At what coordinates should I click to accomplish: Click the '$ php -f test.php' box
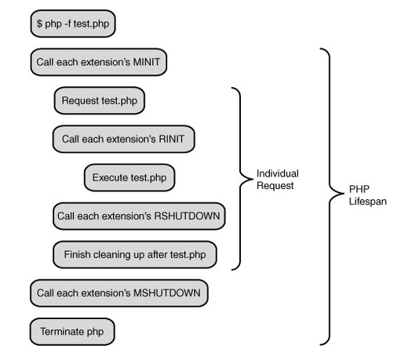[x=73, y=24]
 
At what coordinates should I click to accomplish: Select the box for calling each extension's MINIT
[x=99, y=62]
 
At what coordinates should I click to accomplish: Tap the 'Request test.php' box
[x=100, y=100]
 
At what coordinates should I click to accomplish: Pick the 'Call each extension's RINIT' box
[x=124, y=139]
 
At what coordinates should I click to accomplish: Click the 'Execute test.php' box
[x=129, y=177]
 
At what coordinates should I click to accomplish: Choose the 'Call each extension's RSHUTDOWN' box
[x=139, y=216]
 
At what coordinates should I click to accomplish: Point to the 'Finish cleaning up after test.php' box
[x=135, y=254]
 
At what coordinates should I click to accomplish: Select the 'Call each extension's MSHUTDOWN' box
[x=119, y=293]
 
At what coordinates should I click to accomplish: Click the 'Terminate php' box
[x=72, y=332]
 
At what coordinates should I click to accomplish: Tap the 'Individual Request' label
[x=278, y=180]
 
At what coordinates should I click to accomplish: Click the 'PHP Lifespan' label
[x=368, y=195]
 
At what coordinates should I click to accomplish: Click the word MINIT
[x=147, y=62]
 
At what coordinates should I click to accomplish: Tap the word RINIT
[x=172, y=139]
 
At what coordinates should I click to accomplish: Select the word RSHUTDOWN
[x=187, y=216]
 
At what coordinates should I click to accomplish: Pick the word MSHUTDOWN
[x=167, y=293]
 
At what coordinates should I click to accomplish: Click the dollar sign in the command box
[x=39, y=24]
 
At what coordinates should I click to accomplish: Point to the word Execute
[x=109, y=177]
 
